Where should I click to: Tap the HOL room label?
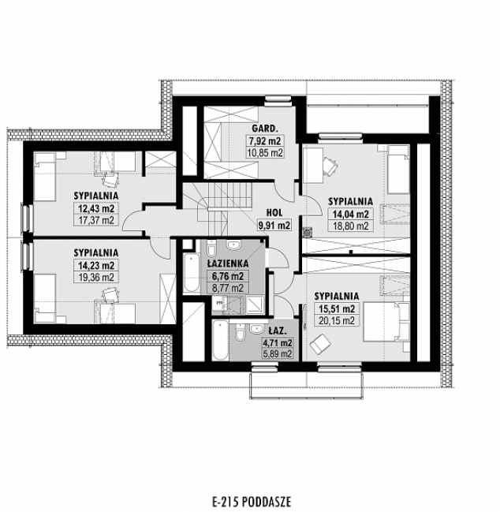click(274, 212)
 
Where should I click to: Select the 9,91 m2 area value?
click(274, 225)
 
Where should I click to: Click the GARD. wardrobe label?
click(263, 128)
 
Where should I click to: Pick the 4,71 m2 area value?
click(278, 343)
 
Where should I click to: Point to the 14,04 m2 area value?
click(349, 213)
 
